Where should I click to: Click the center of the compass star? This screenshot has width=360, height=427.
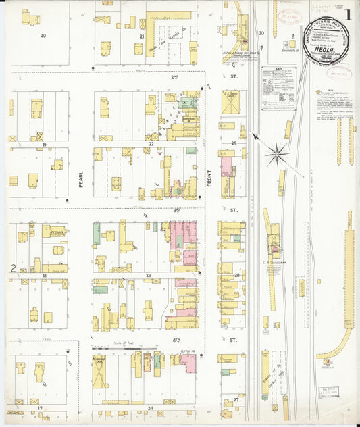click(x=276, y=154)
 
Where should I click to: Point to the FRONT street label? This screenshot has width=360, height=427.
click(x=209, y=178)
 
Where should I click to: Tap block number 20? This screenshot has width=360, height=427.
click(x=43, y=34)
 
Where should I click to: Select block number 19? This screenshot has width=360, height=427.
click(x=43, y=144)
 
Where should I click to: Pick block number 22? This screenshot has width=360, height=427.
click(x=151, y=144)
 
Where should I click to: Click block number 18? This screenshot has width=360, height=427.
click(x=44, y=276)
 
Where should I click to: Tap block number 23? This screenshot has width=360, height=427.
click(x=148, y=276)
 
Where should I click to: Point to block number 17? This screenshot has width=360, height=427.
click(x=41, y=408)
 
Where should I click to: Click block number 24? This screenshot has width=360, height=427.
click(x=150, y=408)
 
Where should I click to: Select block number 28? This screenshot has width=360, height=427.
click(x=236, y=276)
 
